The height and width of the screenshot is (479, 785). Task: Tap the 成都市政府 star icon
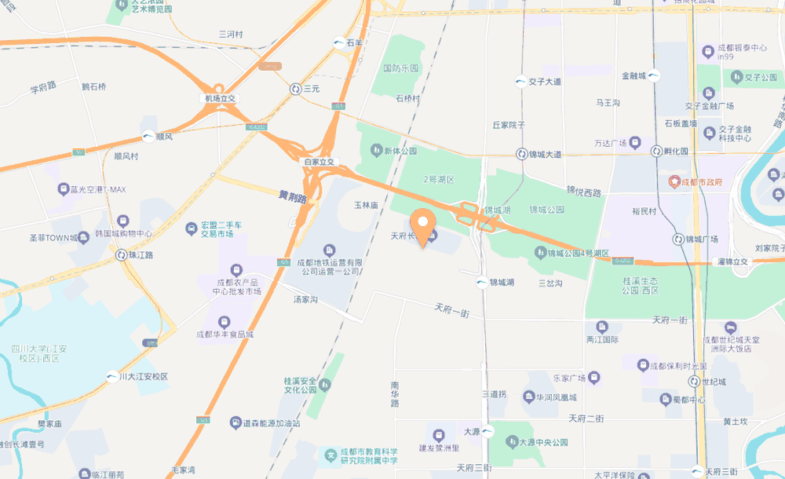coord(674,182)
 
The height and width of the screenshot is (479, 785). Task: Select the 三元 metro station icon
coord(296,90)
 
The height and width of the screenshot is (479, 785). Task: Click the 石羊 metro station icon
coord(338,44)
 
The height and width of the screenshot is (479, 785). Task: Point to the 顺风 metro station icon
coord(148,137)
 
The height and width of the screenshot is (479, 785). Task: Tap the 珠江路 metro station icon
coord(121,255)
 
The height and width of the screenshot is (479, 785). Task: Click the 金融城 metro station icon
coord(653,76)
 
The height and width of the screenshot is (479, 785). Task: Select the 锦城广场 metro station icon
coord(678,239)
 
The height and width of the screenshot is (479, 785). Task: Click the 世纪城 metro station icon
coord(694,382)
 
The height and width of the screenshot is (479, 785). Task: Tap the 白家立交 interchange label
coord(319,162)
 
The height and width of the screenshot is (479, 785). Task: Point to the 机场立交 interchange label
coord(221,98)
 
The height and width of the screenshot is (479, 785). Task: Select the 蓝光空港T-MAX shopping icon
coord(64,189)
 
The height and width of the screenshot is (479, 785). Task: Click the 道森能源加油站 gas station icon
coord(235,422)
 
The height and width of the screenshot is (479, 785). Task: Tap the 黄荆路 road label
coord(292,197)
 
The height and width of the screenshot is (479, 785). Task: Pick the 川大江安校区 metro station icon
coord(111,376)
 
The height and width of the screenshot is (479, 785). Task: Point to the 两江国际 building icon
coord(602,327)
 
